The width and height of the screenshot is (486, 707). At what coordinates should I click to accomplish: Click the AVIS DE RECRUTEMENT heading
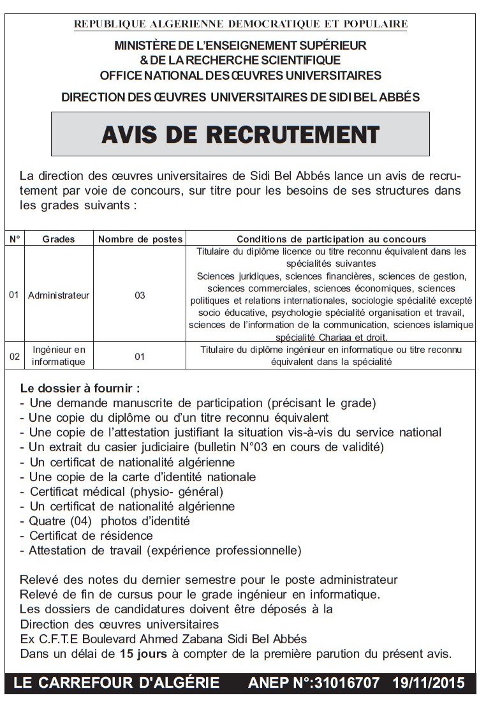coord(240,135)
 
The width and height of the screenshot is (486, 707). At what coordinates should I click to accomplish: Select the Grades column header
coord(59,239)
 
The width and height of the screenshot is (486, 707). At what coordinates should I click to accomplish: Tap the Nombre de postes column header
coord(140,239)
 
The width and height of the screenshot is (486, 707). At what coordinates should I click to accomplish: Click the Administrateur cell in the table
coord(59,295)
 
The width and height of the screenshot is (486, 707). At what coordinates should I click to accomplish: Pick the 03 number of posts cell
coord(140,295)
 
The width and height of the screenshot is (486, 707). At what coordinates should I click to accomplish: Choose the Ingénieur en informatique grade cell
coord(59,356)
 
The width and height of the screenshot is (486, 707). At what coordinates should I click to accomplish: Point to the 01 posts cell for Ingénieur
coord(140,356)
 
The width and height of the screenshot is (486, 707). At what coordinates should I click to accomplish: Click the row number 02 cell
coord(15,356)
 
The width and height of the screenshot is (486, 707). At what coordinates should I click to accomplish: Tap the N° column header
coord(15,239)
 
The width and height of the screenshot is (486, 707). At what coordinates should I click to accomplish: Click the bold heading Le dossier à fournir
coord(80,388)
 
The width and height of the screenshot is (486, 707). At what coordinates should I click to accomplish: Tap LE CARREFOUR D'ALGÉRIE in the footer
coord(116,683)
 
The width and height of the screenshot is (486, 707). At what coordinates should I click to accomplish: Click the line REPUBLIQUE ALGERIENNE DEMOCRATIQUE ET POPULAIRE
coord(240,25)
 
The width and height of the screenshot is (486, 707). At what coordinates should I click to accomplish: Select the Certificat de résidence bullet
coord(91,535)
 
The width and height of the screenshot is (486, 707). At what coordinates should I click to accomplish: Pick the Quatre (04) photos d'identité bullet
coord(109,521)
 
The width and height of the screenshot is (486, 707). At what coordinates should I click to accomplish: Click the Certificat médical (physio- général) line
coord(126,491)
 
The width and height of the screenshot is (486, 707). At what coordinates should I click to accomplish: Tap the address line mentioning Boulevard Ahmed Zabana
coord(163,639)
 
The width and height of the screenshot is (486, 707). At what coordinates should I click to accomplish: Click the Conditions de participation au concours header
coord(331,239)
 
